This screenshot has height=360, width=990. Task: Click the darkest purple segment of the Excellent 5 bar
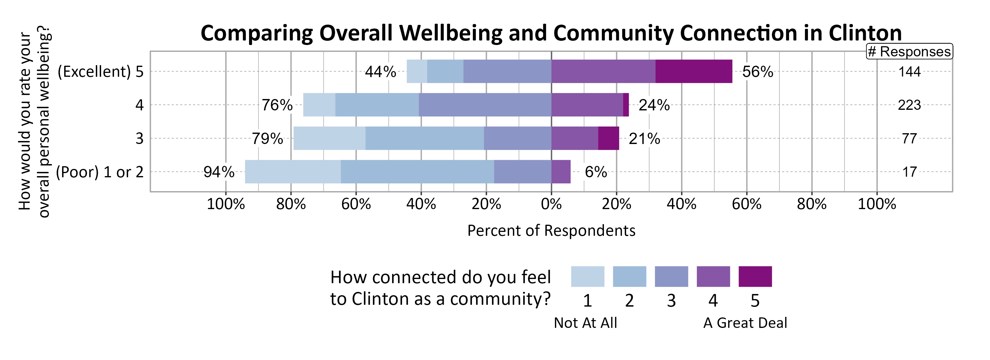point(693,71)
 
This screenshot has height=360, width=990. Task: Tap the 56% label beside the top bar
point(757,72)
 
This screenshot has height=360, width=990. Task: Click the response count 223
point(909,105)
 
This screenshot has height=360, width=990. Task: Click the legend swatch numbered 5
point(755,277)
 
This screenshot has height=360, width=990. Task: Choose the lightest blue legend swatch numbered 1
point(587,277)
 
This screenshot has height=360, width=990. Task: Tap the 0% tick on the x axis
point(551,204)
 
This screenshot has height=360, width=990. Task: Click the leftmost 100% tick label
point(226,204)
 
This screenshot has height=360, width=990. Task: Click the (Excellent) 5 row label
point(100,72)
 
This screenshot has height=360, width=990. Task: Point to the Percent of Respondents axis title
point(551,230)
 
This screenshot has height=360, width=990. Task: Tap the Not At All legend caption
point(585,323)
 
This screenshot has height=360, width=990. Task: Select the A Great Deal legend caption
point(745,323)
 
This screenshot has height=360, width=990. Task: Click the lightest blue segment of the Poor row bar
point(292,172)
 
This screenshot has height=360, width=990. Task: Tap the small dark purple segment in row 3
point(608,138)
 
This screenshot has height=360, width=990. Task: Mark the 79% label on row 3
point(267,139)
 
